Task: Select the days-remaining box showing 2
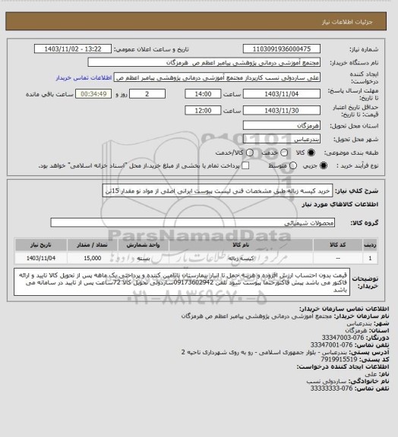click(132, 93)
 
